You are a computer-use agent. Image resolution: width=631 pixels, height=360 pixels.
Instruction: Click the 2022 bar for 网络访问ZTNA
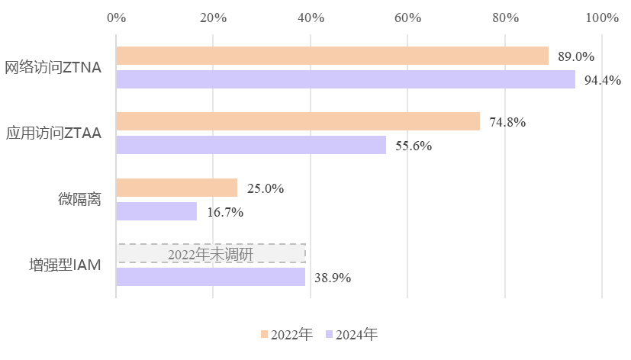[x=332, y=56]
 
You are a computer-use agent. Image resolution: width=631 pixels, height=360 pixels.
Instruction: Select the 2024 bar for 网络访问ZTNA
[x=346, y=79]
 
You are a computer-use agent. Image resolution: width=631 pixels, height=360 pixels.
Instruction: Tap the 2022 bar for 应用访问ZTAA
[x=298, y=121]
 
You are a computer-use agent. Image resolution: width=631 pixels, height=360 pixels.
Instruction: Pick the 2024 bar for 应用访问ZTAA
[x=251, y=145]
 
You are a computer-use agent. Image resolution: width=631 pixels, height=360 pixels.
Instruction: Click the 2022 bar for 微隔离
[x=177, y=188]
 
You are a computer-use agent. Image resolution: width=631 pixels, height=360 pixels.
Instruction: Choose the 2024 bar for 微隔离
[x=156, y=211]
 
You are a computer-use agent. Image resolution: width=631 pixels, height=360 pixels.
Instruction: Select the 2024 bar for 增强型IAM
[x=211, y=277]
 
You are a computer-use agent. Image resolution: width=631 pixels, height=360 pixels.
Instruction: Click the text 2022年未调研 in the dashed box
[x=211, y=254]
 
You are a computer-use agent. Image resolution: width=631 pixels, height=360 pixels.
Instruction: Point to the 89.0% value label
[x=576, y=56]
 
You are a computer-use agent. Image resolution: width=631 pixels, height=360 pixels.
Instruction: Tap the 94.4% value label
[x=603, y=80]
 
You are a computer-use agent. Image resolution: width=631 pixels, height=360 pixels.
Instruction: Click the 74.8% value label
[x=507, y=122]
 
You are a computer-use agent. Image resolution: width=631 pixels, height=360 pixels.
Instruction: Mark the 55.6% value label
[x=414, y=146]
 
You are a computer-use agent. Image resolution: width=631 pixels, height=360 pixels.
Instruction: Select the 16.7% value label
[x=225, y=212]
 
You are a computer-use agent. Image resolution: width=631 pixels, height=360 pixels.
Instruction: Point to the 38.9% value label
[x=333, y=278]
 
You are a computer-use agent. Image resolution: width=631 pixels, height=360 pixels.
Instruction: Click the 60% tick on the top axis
[x=407, y=18]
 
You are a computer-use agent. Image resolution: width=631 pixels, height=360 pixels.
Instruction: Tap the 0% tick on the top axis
[x=116, y=18]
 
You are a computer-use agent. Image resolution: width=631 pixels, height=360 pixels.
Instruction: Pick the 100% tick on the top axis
[x=601, y=18]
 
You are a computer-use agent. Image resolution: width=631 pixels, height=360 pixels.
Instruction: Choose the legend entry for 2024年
[x=352, y=334]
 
